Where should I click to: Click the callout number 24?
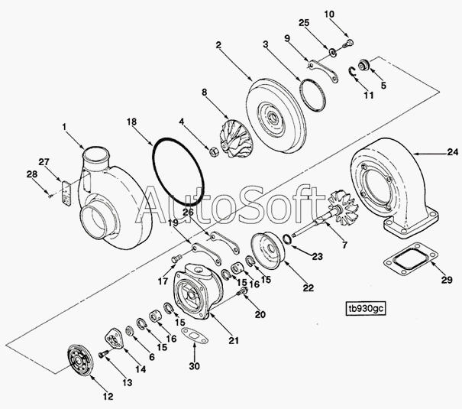[453, 152]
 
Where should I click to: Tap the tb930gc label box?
[366, 308]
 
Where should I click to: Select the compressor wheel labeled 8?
[237, 138]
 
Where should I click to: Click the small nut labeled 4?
[213, 152]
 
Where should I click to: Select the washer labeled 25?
[333, 52]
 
